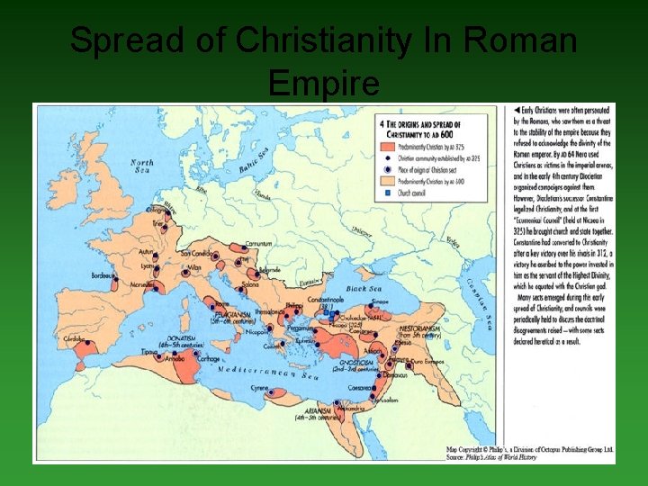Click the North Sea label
tap(141, 167)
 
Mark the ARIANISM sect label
tap(319, 413)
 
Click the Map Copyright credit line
tap(530, 449)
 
